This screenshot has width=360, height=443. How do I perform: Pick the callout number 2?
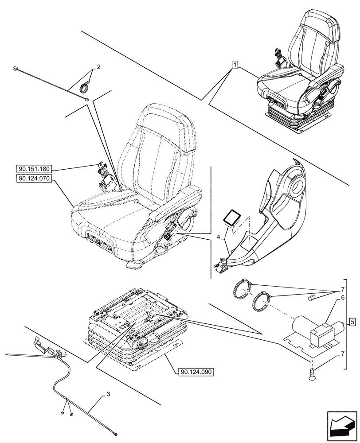click(98, 67)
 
